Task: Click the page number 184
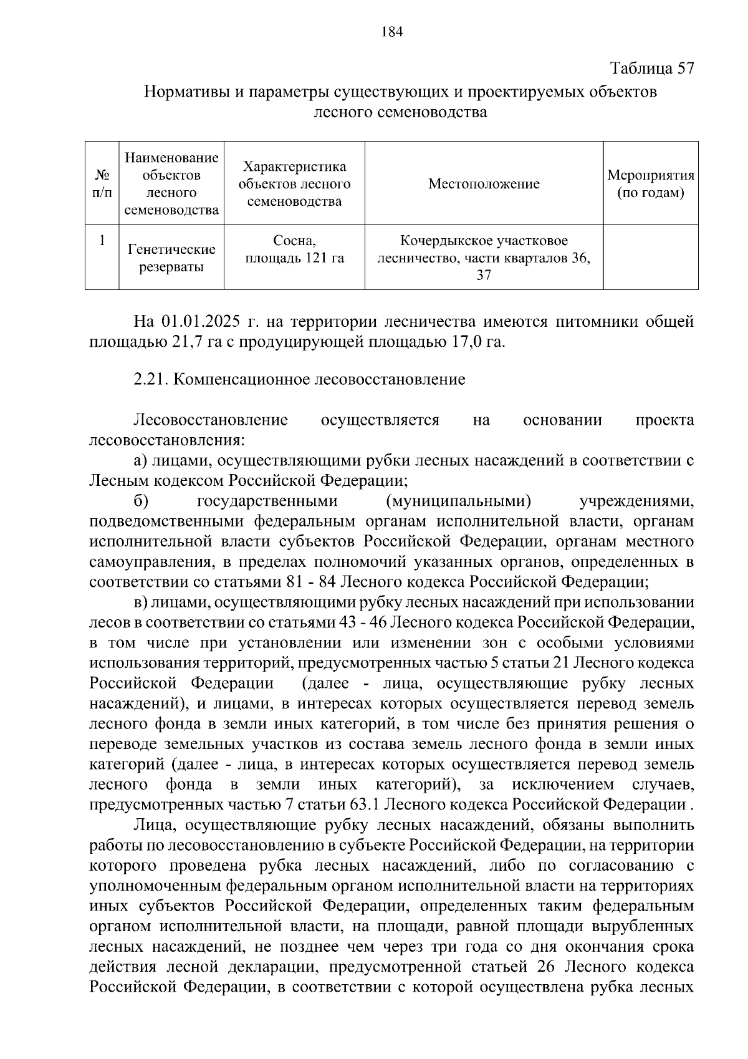point(392,32)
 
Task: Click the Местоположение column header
point(484,184)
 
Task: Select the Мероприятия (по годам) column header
point(650,184)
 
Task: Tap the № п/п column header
point(102,184)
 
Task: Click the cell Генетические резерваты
point(171,258)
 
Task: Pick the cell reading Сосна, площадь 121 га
point(294,249)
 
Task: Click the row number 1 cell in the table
point(102,240)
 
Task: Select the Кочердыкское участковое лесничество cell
point(484,258)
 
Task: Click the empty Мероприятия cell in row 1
point(650,257)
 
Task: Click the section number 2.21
point(150,379)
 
